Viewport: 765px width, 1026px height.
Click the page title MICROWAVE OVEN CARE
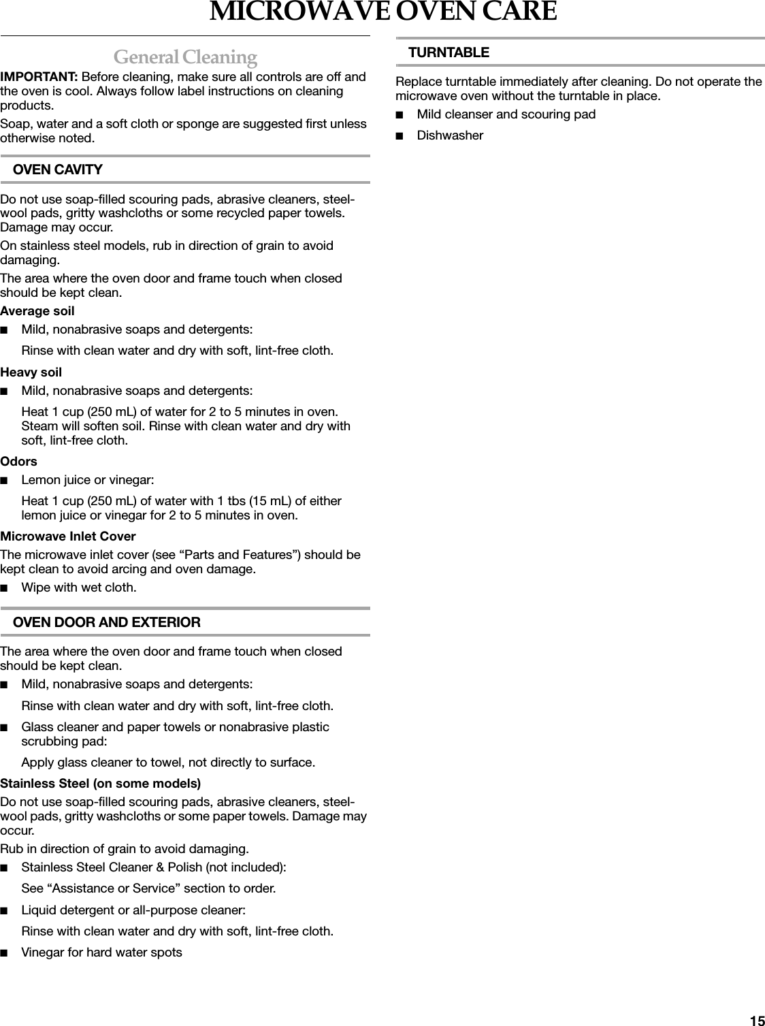pyautogui.click(x=382, y=12)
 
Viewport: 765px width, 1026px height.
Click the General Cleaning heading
pyautogui.click(x=185, y=56)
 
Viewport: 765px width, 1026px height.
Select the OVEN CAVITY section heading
pyautogui.click(x=58, y=170)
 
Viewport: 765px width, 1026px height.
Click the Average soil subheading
pyautogui.click(x=37, y=311)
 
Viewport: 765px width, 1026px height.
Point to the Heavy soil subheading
pyautogui.click(x=31, y=372)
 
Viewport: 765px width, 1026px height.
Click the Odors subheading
pyautogui.click(x=19, y=462)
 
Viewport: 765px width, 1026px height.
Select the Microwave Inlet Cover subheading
pyautogui.click(x=68, y=536)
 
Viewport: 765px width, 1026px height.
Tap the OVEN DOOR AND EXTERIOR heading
pyautogui.click(x=107, y=622)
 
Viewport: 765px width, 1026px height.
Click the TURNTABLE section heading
pyautogui.click(x=449, y=52)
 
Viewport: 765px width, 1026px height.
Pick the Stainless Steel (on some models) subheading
pyautogui.click(x=101, y=783)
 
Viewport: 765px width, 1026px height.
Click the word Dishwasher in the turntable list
pyautogui.click(x=450, y=135)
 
